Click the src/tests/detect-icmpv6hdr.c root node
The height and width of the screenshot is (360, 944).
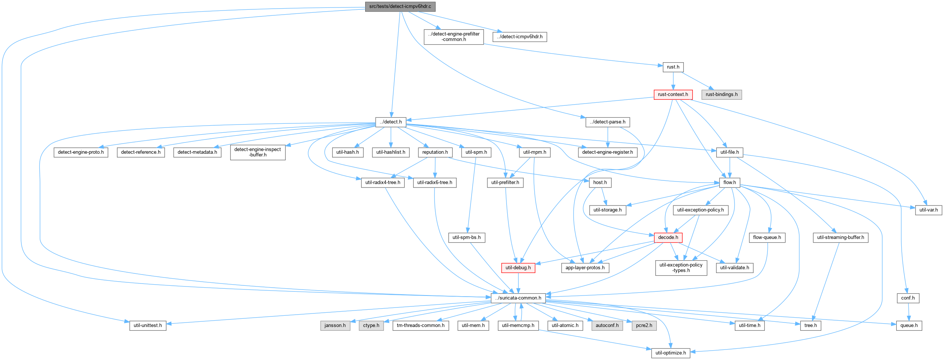[x=400, y=6]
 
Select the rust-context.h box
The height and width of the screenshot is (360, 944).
[x=673, y=94]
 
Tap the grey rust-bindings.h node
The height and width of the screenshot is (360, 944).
[x=721, y=94]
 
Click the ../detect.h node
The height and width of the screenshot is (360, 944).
[x=391, y=122]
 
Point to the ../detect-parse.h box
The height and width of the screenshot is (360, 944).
[x=607, y=122]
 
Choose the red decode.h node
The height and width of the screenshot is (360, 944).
[x=668, y=237]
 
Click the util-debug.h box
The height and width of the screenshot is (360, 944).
[x=518, y=268]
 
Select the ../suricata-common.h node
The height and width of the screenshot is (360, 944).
[x=518, y=298]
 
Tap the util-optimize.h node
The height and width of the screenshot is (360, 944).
[x=671, y=353]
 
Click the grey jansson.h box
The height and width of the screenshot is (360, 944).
[x=335, y=325]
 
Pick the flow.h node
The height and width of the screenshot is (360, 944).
[x=730, y=183]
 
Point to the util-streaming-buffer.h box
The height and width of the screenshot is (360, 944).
[x=841, y=237]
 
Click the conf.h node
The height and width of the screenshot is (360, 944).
[x=908, y=298]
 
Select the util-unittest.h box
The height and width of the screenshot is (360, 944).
[x=148, y=325]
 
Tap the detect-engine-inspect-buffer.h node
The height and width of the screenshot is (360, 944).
[x=258, y=152]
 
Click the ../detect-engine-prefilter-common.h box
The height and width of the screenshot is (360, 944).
[x=454, y=37]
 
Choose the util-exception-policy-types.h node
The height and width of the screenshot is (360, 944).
[x=681, y=268]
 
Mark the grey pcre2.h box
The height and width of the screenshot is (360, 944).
[x=644, y=325]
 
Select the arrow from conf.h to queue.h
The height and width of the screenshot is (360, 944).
[x=909, y=312]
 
